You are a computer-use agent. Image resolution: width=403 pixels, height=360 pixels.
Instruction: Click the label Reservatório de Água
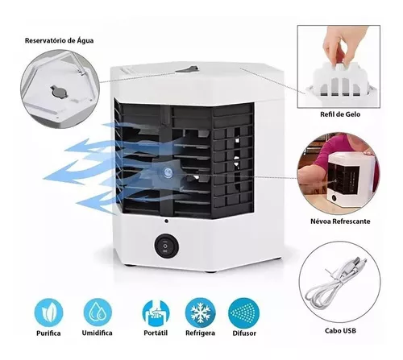[63, 39]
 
